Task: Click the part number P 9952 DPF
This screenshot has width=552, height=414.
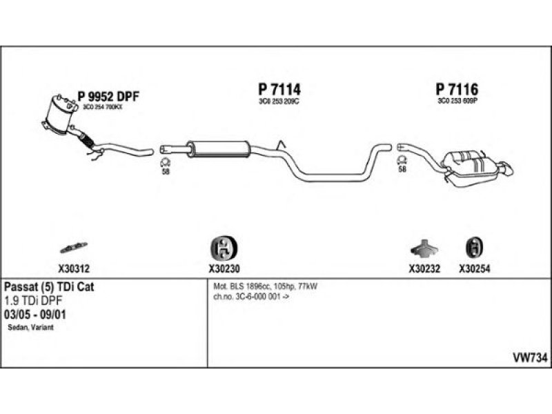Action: coord(108,97)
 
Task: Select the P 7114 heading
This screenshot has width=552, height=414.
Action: coord(279,90)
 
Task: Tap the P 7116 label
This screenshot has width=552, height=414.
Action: coord(457,90)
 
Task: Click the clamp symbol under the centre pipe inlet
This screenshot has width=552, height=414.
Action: coord(166,163)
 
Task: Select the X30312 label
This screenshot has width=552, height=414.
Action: coord(70,270)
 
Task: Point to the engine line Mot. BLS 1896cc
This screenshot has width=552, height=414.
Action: coord(270,286)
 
